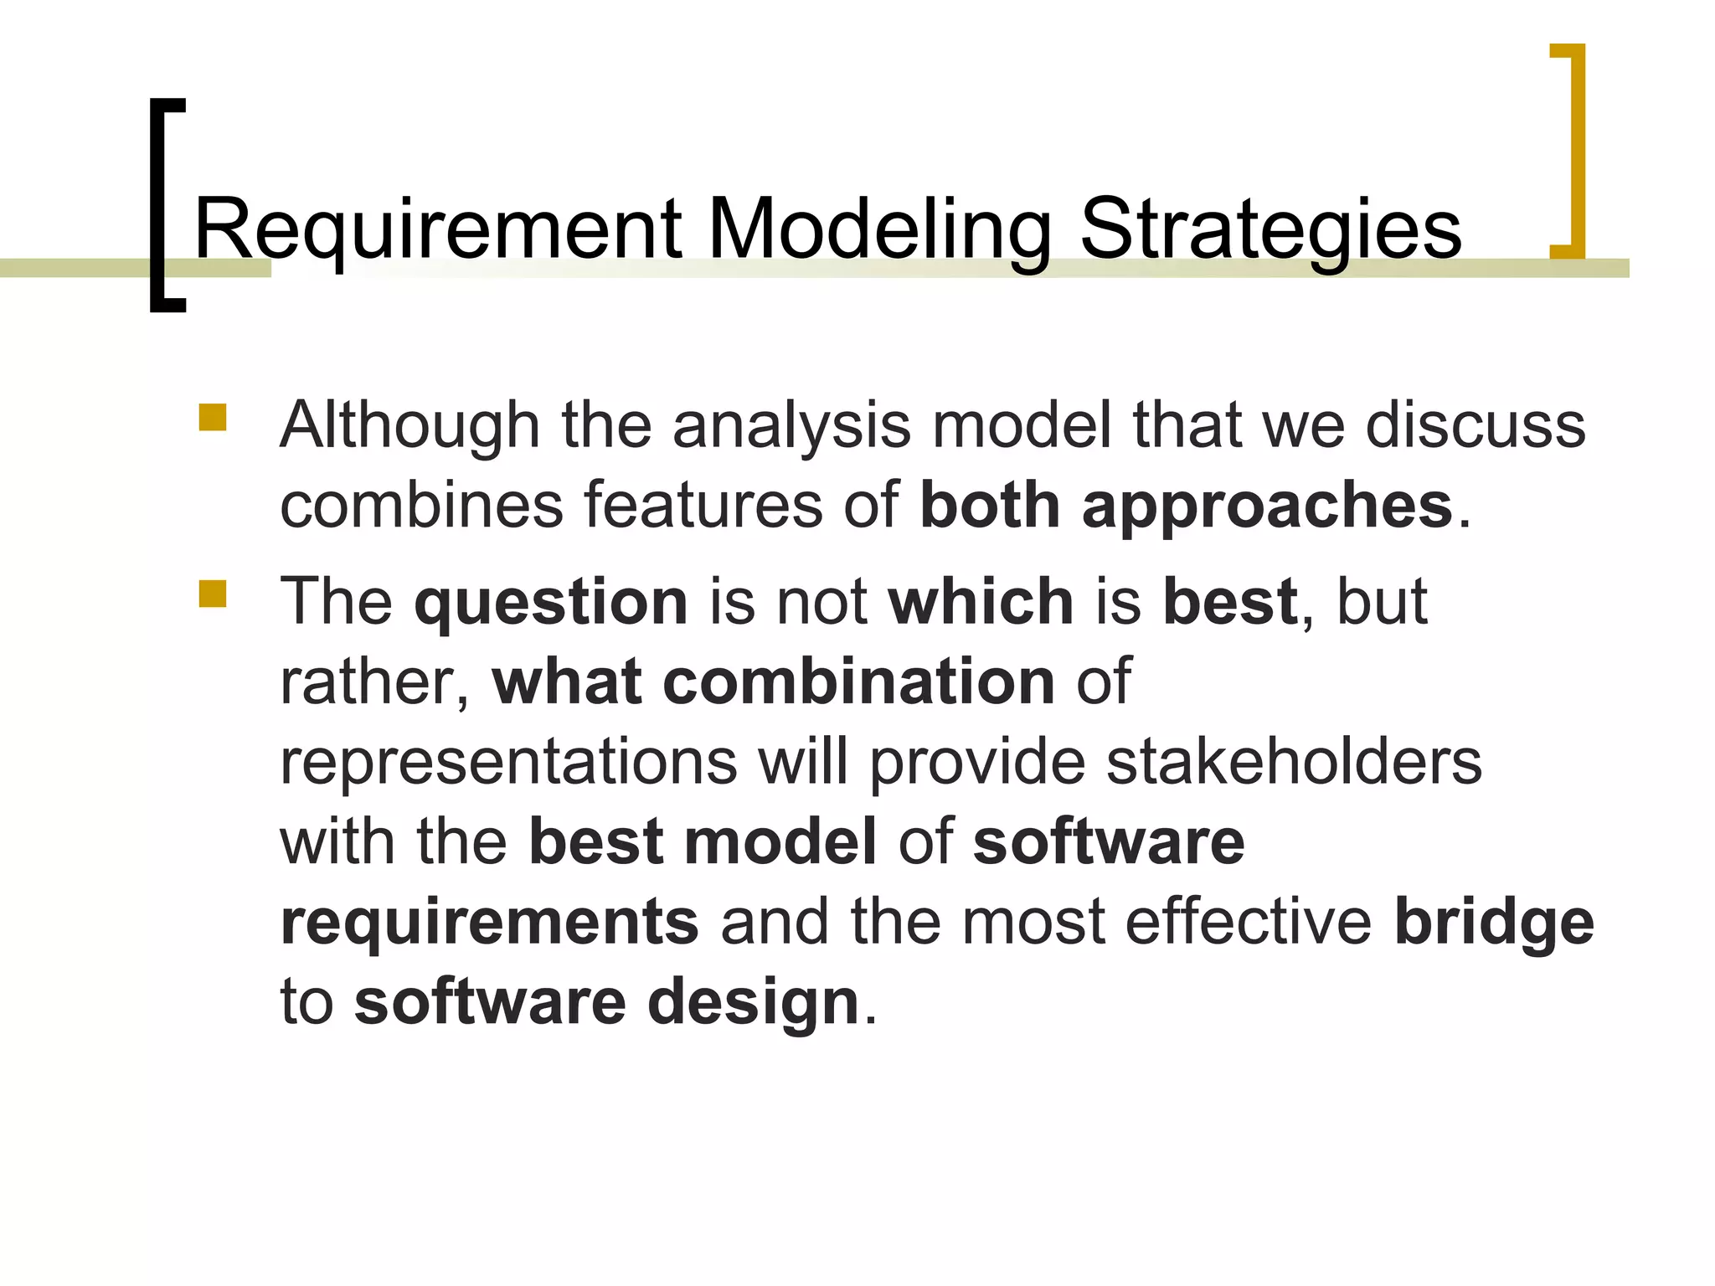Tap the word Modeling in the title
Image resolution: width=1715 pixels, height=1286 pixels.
[879, 229]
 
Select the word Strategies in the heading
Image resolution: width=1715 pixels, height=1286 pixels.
[1270, 229]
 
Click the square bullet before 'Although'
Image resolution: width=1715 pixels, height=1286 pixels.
[213, 418]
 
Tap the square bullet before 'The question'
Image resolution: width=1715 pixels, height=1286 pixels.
[213, 594]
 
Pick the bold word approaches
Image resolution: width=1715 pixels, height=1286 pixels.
[1267, 507]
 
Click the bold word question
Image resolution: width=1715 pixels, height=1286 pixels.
[551, 603]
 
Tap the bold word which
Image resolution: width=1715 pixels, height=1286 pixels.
[981, 601]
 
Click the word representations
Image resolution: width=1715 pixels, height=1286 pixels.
[508, 762]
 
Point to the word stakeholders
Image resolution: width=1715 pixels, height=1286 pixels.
[1294, 762]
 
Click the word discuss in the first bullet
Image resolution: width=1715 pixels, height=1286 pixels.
[1476, 425]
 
